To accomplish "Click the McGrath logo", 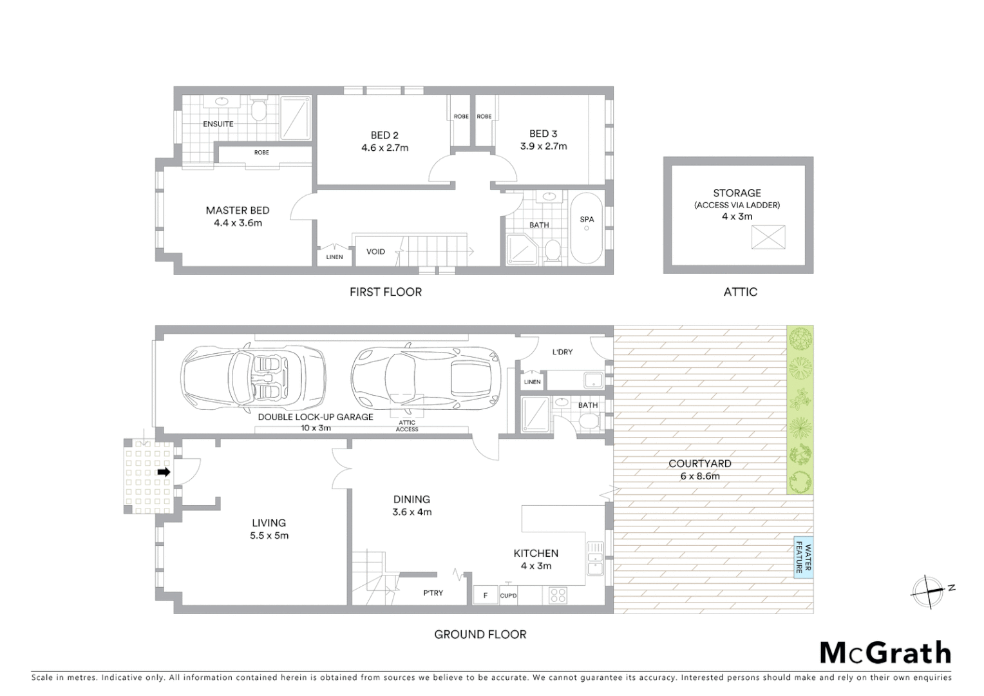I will coord(885,653).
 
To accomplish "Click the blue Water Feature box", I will coord(803,557).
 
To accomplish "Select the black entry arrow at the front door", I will coord(164,472).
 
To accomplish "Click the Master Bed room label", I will coord(238,210).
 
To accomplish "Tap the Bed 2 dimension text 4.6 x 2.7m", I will coord(384,148).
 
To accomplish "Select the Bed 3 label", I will coord(543,133).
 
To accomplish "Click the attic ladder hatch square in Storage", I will coord(768,237).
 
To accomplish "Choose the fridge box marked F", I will coord(486,595).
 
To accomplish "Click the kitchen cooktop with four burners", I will coord(558,595).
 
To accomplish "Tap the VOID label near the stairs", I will coord(375,251).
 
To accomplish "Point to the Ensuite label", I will coord(218,124).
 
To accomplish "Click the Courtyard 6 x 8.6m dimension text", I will coord(700,476).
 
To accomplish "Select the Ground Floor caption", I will coord(480,634).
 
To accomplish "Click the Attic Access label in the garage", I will coord(407,426).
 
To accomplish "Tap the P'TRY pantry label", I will coord(433,593).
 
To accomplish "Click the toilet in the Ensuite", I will coord(258,111).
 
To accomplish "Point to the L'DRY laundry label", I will coord(562,352).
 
